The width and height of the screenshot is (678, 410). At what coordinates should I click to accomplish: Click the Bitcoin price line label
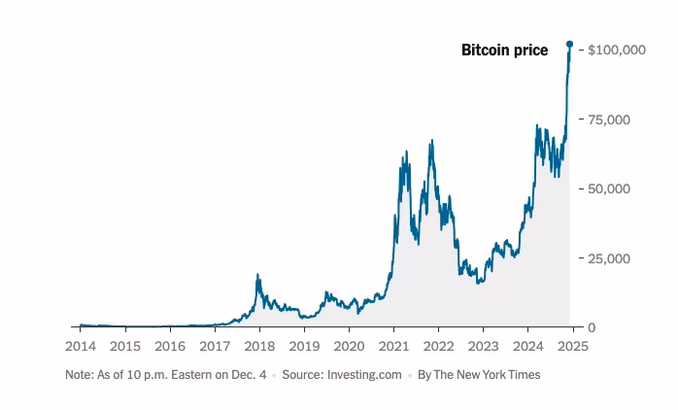pos(504,50)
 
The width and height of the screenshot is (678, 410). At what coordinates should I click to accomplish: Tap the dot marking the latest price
pos(569,45)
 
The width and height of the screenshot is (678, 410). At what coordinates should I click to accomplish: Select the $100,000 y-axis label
pos(617,50)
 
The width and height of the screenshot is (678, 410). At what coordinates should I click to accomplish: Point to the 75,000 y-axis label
pos(610,120)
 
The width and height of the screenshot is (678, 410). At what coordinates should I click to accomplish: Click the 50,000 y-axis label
pos(610,188)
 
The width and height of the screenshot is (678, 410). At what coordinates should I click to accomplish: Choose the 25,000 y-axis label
pos(610,258)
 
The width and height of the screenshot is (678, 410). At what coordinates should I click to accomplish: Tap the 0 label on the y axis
pos(592,327)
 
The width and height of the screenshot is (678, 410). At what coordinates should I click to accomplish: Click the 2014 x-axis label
pos(80,347)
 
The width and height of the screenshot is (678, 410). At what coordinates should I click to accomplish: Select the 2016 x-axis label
pos(170,347)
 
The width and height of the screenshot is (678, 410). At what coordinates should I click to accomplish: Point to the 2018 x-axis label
pos(259,347)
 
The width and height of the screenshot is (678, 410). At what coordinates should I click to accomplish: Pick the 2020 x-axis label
pos(349,347)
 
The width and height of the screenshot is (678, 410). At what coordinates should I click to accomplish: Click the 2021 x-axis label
pos(393,347)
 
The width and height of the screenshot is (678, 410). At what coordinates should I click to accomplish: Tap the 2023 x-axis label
pos(483,347)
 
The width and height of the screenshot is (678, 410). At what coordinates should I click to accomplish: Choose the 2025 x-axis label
pos(572,347)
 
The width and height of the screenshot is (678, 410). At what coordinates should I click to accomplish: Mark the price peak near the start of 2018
pos(257,275)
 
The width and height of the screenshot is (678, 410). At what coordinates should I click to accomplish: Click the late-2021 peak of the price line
pos(430,141)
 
